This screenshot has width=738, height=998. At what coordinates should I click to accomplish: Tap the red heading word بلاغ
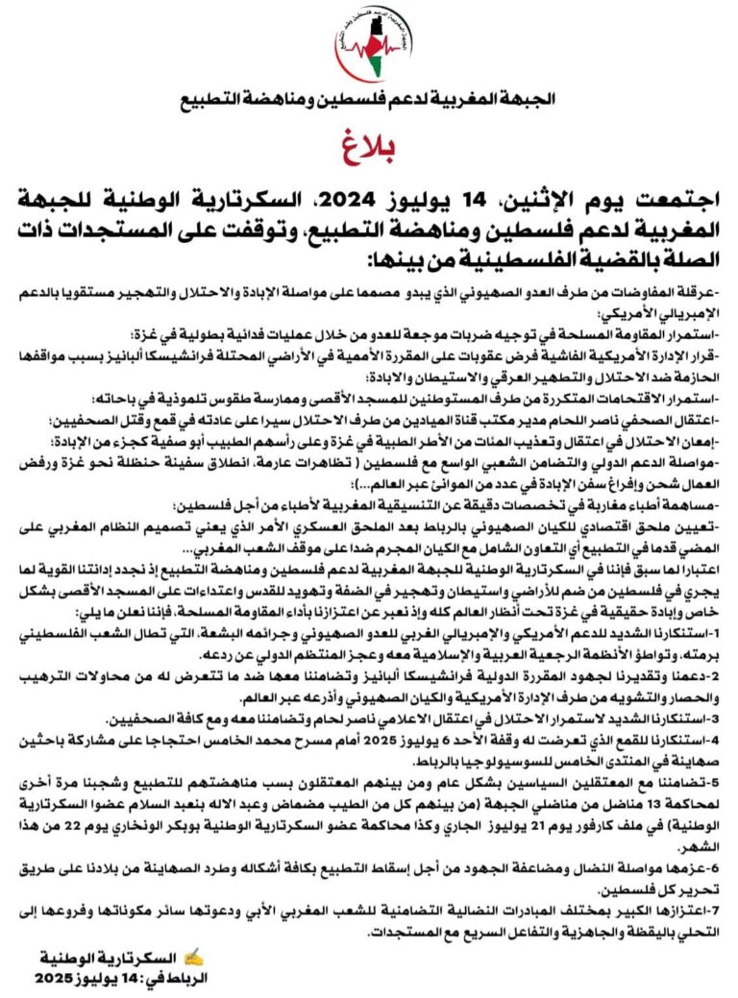tap(368, 144)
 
